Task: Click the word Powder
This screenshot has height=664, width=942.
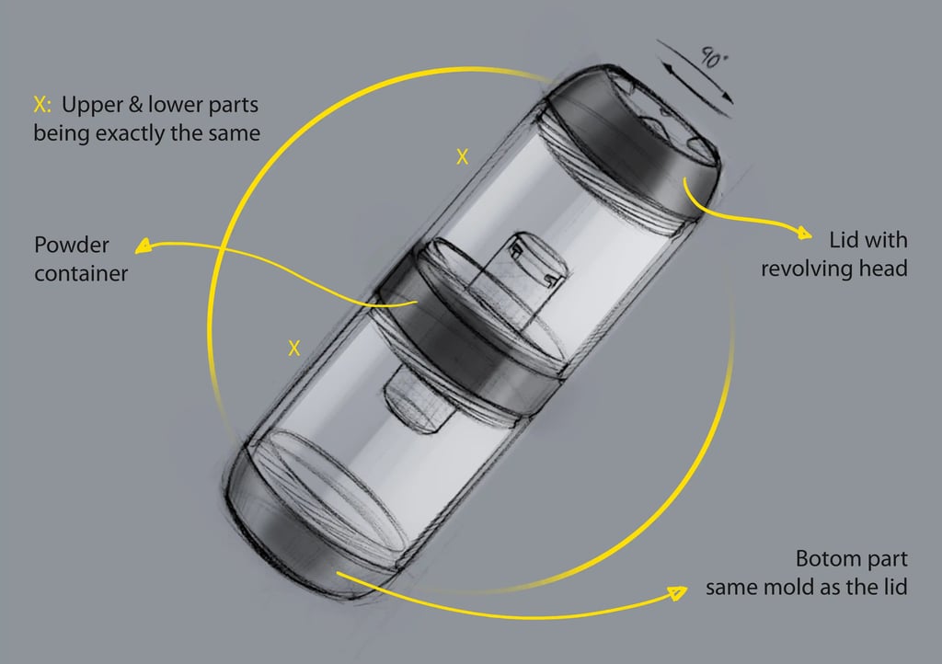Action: point(71,245)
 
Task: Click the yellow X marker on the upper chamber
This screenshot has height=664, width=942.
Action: point(462,157)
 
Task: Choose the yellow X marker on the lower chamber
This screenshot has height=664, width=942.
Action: point(293,348)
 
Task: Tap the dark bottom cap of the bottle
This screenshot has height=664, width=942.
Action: point(304,533)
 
